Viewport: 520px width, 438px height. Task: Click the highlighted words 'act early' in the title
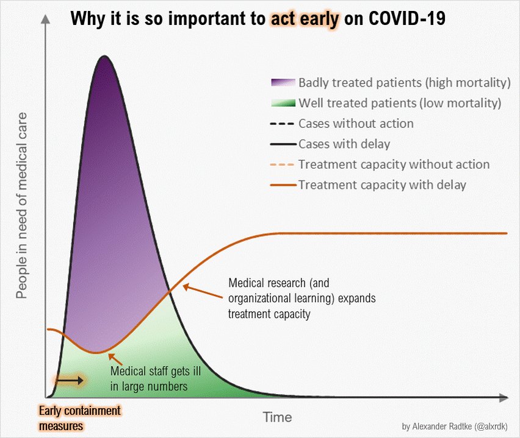coord(304,19)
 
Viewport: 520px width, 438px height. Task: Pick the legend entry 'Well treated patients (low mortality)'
coord(400,103)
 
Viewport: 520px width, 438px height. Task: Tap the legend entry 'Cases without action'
coord(356,124)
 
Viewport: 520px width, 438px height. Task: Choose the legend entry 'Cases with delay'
coord(344,144)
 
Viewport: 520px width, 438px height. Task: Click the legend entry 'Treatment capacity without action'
coord(394,164)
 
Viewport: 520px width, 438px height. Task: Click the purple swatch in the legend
coord(283,82)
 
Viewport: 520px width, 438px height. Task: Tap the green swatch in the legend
coord(283,103)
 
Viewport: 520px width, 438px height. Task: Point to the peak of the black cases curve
coord(104,57)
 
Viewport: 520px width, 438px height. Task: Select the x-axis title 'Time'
coord(277,417)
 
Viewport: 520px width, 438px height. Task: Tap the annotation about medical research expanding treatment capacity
coord(302,298)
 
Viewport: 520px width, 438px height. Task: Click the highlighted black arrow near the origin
coord(70,380)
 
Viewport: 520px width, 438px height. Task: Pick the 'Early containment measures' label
coord(79,418)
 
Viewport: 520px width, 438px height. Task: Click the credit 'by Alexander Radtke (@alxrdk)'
coord(455,426)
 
